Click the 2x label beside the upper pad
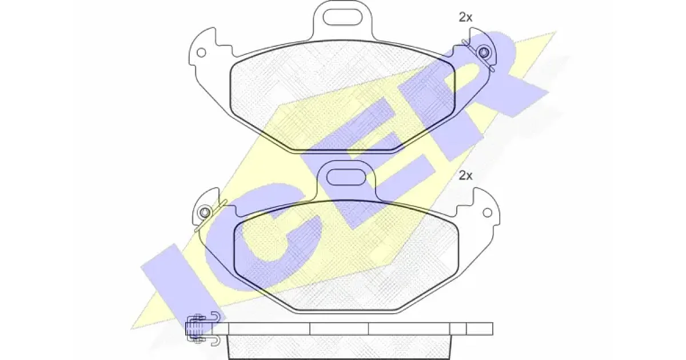[465, 18]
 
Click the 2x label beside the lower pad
[465, 175]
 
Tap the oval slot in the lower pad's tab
[346, 177]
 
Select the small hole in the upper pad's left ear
[201, 53]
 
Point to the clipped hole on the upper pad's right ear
[484, 53]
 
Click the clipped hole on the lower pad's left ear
[205, 213]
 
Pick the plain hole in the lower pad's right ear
[487, 213]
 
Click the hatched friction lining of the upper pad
[342, 95]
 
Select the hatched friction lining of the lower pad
[346, 255]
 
